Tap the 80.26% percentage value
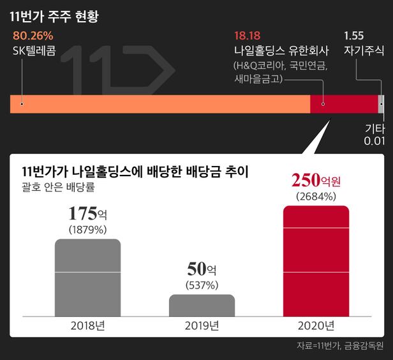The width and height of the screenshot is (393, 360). click(28, 36)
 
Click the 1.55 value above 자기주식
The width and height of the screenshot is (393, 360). click(353, 36)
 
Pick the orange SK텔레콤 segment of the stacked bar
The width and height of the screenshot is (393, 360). click(159, 103)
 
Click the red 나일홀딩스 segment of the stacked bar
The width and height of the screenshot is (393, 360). click(343, 103)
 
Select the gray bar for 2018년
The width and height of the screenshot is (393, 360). click(88, 278)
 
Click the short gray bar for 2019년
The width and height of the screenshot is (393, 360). click(202, 305)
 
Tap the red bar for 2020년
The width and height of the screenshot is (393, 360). click(316, 261)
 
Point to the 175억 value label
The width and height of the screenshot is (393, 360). click(88, 213)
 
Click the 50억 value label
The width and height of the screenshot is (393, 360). click(202, 269)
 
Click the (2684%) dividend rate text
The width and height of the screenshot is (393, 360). click(316, 197)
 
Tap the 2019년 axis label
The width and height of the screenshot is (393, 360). click(202, 326)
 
